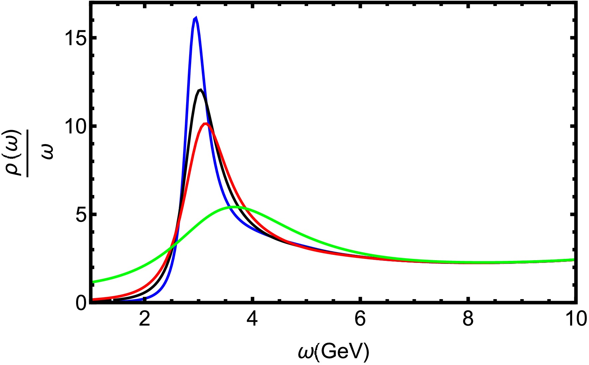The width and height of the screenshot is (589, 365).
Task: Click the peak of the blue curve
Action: [x=195, y=18]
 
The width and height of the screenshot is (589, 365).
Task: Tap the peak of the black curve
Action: [x=200, y=90]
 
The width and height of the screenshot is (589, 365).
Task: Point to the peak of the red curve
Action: [x=206, y=124]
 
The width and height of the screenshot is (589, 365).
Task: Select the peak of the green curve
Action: [x=235, y=207]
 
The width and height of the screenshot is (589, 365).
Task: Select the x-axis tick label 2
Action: [x=144, y=319]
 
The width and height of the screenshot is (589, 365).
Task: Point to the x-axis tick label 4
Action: [x=252, y=319]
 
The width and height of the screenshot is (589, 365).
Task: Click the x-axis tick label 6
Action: [x=360, y=319]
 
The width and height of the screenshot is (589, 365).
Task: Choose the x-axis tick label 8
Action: [x=468, y=319]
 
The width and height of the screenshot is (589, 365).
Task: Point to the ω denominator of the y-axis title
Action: [x=48, y=152]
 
